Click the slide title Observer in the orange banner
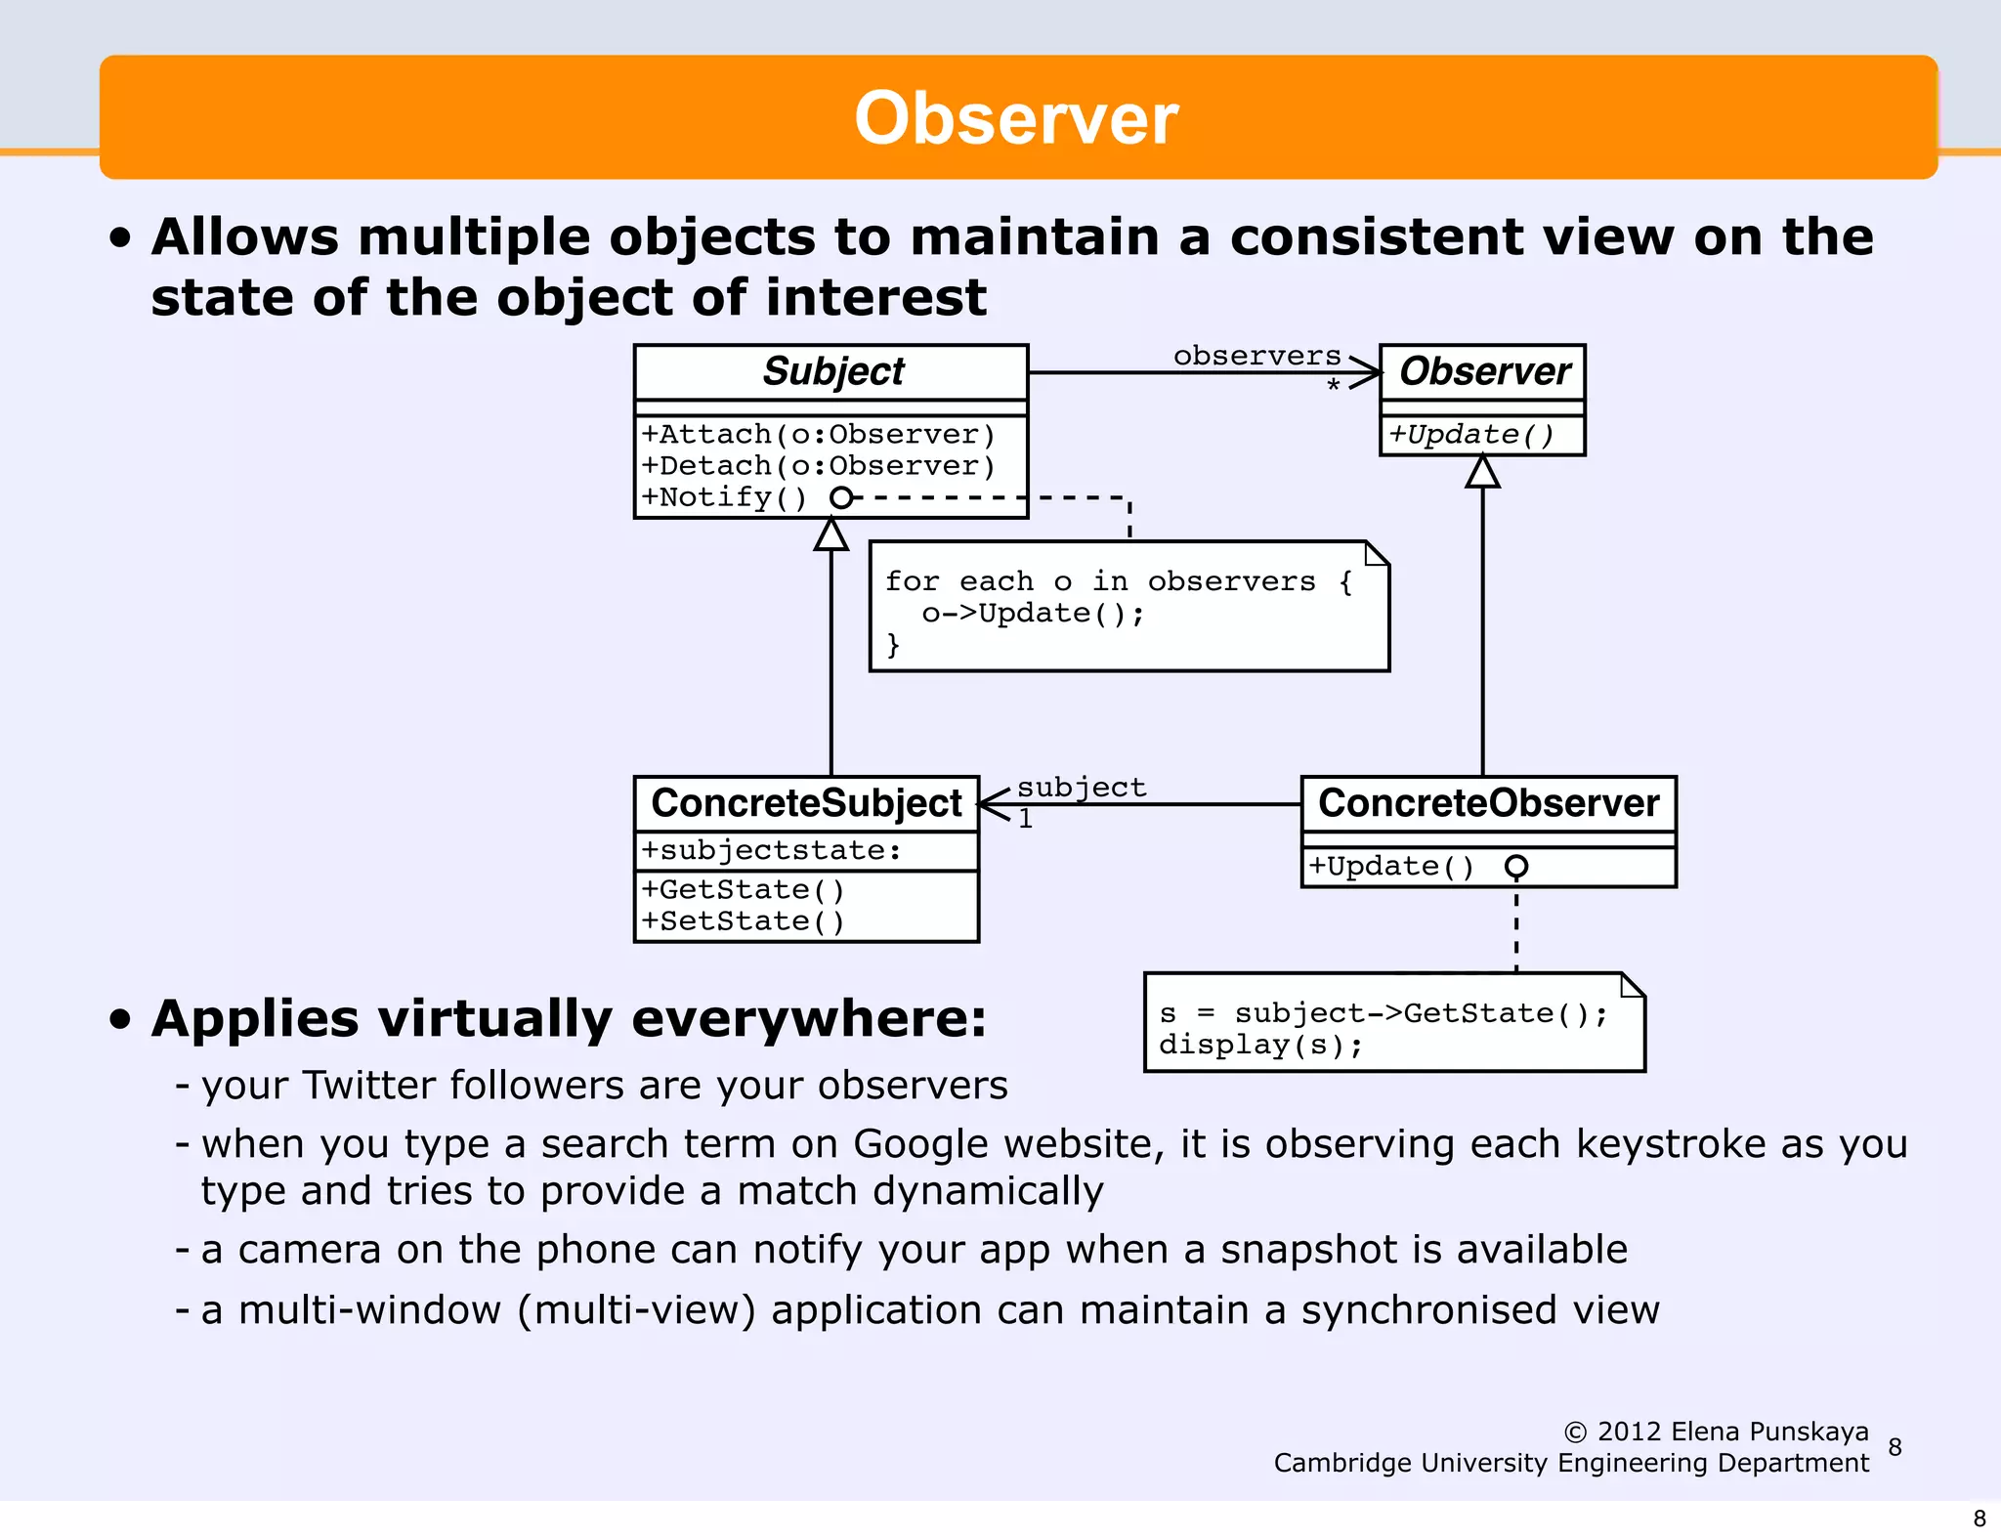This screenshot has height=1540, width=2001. click(x=1016, y=118)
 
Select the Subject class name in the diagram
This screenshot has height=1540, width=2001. click(x=832, y=372)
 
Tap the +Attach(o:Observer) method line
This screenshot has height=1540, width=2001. click(x=819, y=434)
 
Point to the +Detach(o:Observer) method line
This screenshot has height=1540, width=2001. click(x=819, y=465)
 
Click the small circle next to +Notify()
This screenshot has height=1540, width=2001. click(x=840, y=497)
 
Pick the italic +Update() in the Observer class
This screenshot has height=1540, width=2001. click(x=1471, y=434)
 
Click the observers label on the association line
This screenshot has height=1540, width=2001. click(x=1256, y=356)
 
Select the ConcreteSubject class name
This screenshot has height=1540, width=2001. click(x=806, y=803)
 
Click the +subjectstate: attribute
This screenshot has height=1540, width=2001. click(x=772, y=850)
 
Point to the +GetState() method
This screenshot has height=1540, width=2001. click(x=743, y=889)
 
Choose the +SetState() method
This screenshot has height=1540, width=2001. click(x=743, y=920)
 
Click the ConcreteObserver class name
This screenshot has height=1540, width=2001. click(x=1488, y=803)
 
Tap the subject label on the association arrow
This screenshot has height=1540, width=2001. click(x=1081, y=787)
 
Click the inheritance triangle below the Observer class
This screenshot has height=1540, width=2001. click(x=1482, y=472)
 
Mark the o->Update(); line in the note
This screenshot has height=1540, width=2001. click(x=1032, y=613)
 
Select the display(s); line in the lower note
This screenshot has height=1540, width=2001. click(x=1260, y=1045)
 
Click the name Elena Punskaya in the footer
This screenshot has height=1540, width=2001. click(x=1769, y=1432)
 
